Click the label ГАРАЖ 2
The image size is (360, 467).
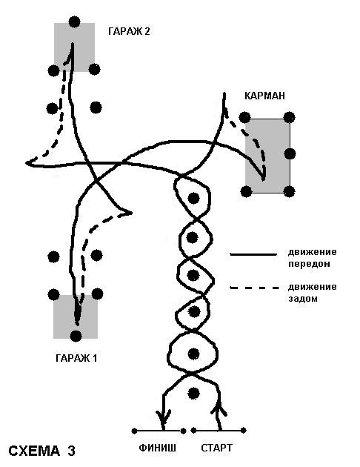(129, 31)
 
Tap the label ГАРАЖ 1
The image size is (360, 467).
(76, 357)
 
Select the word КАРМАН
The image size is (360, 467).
(264, 96)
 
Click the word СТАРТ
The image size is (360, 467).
(216, 448)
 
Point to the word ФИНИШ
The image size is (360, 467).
(157, 448)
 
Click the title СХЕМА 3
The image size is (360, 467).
(41, 451)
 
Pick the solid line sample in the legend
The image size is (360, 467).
(253, 254)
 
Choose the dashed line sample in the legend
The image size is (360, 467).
(255, 288)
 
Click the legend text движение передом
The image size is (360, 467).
(312, 258)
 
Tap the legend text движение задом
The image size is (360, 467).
(312, 293)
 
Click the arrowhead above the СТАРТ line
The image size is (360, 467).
(219, 408)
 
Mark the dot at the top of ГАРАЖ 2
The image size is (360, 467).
(74, 21)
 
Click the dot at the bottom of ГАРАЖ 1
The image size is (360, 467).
(76, 336)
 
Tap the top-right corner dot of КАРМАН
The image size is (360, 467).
(289, 117)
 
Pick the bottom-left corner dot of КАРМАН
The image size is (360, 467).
(246, 191)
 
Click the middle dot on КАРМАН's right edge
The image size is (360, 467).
(290, 153)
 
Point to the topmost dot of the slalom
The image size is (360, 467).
(193, 198)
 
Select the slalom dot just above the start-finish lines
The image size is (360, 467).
(193, 393)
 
